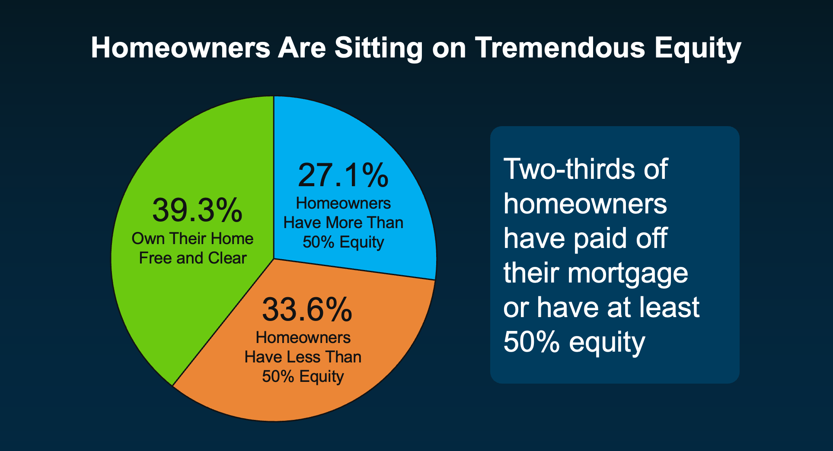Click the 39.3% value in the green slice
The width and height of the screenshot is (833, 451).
(x=197, y=210)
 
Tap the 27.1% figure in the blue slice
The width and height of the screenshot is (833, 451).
(x=343, y=175)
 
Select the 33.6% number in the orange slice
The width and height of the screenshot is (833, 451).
(x=307, y=310)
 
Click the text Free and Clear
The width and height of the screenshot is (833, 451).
(x=193, y=258)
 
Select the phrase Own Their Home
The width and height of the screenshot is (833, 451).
(x=192, y=238)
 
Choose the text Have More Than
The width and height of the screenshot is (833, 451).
(x=343, y=222)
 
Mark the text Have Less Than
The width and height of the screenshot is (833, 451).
(x=303, y=357)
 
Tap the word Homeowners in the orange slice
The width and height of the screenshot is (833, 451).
(x=303, y=337)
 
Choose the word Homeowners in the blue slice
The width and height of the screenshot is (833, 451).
(x=343, y=203)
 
